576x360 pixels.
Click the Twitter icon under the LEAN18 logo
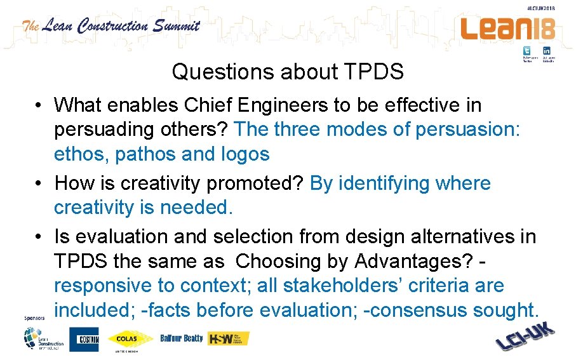point(527,51)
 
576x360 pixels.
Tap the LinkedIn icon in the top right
point(546,51)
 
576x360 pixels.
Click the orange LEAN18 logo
point(507,28)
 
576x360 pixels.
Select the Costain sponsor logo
point(84,339)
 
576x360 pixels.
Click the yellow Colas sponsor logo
point(130,339)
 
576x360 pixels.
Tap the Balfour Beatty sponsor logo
point(182,338)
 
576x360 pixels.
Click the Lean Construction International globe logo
point(43,339)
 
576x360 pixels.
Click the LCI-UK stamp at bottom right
point(525,337)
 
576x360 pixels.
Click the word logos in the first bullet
point(245,154)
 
